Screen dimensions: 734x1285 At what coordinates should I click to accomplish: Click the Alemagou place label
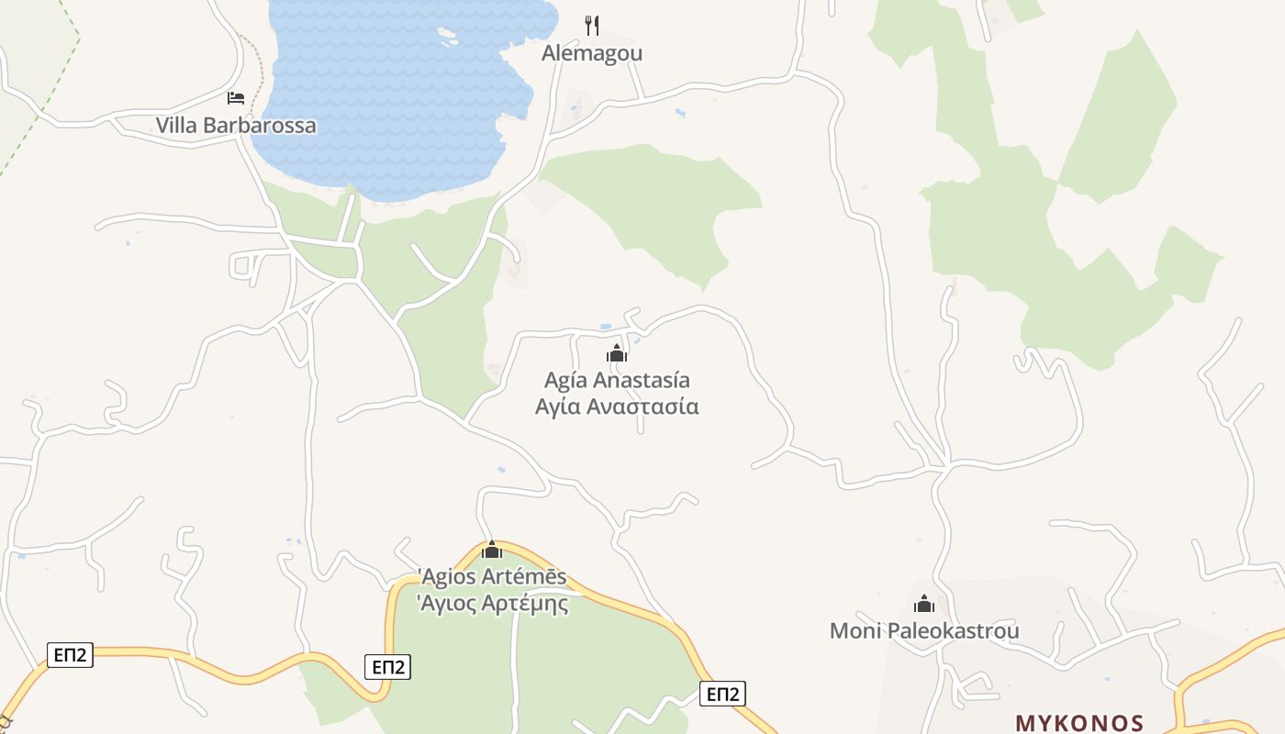[592, 53]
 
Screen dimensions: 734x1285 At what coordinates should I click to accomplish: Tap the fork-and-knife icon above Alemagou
[592, 25]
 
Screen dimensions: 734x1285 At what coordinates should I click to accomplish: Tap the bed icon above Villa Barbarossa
[236, 98]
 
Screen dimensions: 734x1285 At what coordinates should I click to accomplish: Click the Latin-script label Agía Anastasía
[617, 380]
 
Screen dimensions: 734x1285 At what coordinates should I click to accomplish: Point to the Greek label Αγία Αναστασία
[617, 406]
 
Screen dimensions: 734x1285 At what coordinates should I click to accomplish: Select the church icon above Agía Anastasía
[617, 353]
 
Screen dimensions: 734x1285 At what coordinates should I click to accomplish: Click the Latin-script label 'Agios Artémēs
[492, 578]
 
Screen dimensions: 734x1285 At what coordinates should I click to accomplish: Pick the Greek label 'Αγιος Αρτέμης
[492, 604]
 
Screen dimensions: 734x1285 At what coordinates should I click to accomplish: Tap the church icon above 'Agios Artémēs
[492, 550]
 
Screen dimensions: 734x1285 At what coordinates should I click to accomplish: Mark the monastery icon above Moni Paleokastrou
[924, 604]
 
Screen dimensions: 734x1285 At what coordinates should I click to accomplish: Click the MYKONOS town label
[1079, 723]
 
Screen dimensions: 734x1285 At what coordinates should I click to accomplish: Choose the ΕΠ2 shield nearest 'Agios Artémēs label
[388, 667]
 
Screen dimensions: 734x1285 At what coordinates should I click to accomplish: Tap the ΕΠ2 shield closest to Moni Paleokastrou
[721, 694]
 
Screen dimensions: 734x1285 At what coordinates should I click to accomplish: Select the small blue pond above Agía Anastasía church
[605, 327]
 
